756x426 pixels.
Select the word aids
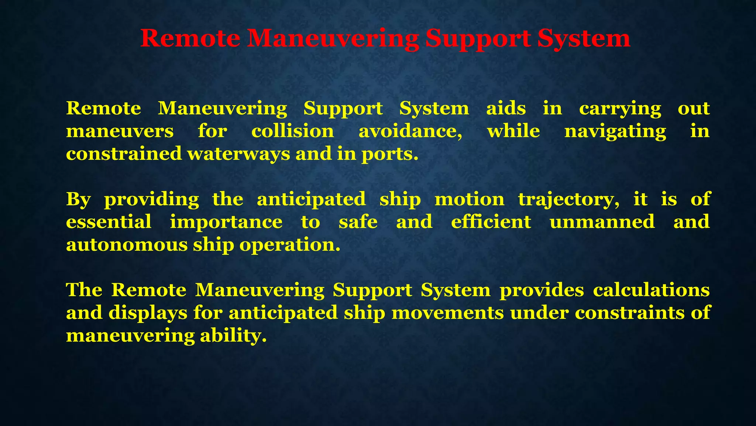[x=506, y=108]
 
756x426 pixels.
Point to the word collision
[x=293, y=131]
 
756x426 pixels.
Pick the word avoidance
[x=410, y=132]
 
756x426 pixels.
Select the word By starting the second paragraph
[x=78, y=200]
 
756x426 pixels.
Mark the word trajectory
[x=569, y=200]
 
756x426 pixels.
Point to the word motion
[x=469, y=199]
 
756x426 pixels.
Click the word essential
[x=109, y=222]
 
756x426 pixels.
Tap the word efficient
[x=491, y=222]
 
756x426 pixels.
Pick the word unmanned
[x=602, y=222]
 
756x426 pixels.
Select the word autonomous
[x=127, y=245]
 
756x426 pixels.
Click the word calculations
[x=651, y=290]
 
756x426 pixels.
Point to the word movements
[x=447, y=313]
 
